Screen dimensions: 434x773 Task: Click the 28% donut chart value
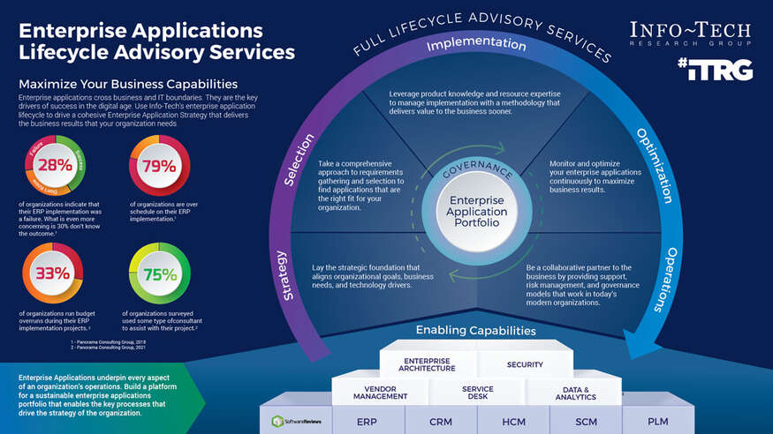[55, 166]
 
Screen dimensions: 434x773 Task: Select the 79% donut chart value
[159, 166]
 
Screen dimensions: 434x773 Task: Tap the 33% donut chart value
[52, 273]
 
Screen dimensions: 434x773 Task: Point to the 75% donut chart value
[160, 274]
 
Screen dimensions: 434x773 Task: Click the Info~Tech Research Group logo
[690, 34]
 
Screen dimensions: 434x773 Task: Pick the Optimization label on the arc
[655, 164]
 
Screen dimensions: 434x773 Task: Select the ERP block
[367, 422]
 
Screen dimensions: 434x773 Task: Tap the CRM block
[440, 422]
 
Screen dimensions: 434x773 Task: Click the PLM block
[657, 422]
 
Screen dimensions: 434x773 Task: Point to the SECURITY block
[525, 364]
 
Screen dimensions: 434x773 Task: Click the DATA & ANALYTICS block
[576, 392]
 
